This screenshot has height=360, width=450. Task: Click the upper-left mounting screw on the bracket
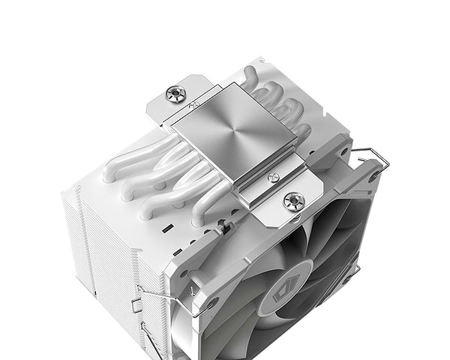(x=177, y=94)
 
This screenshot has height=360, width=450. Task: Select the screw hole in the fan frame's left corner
(x=212, y=303)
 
